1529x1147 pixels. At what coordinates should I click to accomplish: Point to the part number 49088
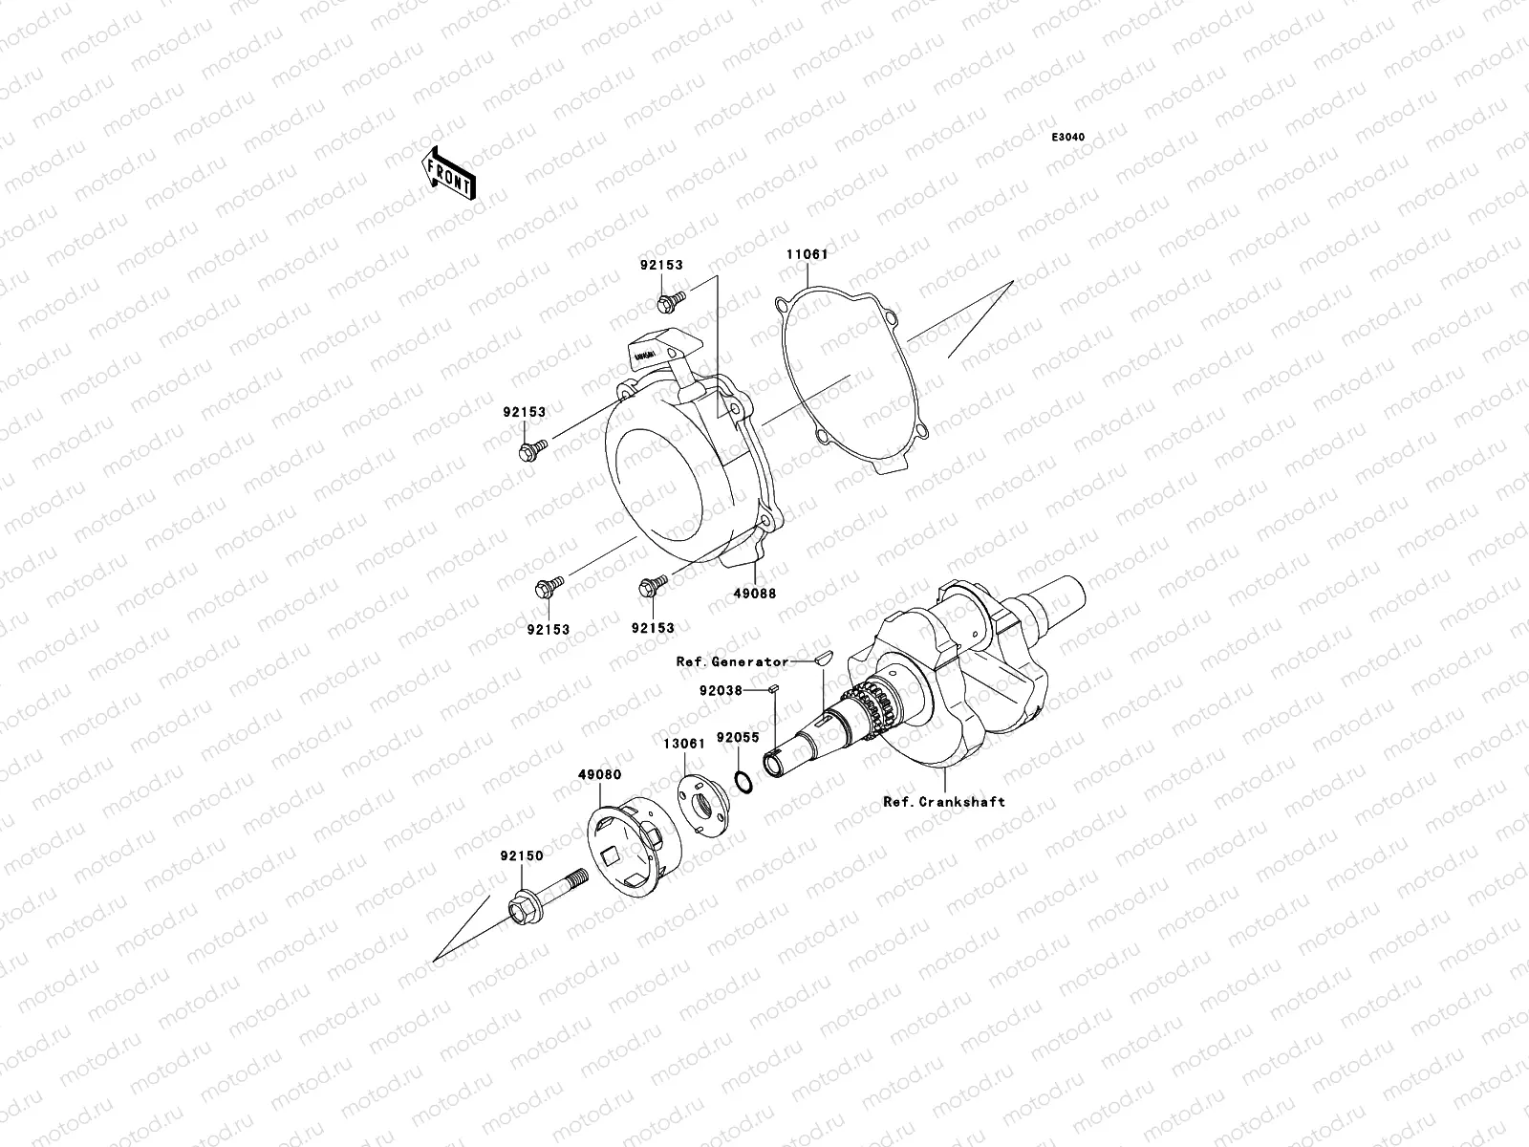pos(756,593)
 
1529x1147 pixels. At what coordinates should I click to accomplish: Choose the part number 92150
pos(522,855)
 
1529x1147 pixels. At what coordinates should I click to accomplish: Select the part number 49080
pos(599,775)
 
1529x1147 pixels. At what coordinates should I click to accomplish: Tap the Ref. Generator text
pos(732,661)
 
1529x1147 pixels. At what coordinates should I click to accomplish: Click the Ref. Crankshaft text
pos(944,802)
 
